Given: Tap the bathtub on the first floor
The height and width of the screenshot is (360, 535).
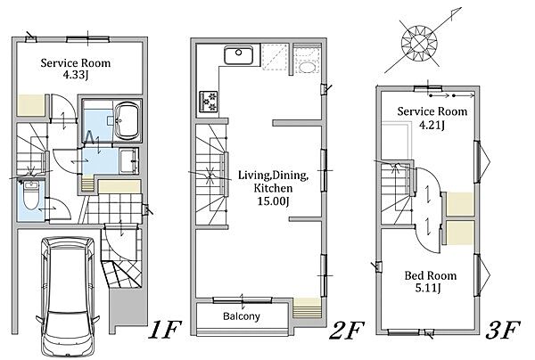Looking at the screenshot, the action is (128, 120).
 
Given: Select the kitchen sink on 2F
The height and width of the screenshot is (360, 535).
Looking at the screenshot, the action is (238, 54).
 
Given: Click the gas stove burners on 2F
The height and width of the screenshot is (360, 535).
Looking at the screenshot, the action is (208, 102).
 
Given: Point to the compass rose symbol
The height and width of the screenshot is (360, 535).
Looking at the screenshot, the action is (419, 44).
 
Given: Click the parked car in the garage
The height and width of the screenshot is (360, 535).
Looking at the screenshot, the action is (68, 296).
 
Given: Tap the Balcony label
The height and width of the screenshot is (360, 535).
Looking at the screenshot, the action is (242, 316).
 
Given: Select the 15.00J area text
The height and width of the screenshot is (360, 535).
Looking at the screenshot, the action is (273, 201).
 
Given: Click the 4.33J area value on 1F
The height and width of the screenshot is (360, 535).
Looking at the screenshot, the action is (76, 75).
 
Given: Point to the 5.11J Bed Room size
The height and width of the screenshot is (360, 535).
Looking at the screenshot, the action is (428, 288).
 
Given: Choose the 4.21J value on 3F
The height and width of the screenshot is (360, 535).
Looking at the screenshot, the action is (432, 125).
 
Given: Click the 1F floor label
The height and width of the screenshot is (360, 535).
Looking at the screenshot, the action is (164, 330).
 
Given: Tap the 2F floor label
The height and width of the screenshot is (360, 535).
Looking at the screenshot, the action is (347, 330).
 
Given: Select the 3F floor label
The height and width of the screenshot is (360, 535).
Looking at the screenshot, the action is (503, 330).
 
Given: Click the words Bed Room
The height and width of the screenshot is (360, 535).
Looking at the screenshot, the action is (431, 275).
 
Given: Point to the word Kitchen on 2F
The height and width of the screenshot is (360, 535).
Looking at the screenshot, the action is (273, 188).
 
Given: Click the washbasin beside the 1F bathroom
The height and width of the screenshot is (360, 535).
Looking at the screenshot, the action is (129, 160).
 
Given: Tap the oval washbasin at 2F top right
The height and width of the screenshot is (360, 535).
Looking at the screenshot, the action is (307, 67).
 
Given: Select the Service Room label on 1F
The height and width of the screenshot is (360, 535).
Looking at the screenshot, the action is (76, 62).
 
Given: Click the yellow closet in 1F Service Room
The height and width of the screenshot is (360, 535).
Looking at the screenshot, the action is (31, 105).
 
